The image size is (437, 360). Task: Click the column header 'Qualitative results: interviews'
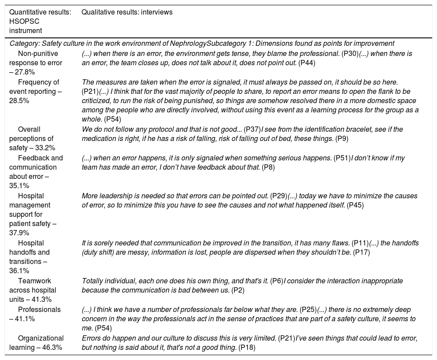point(127,12)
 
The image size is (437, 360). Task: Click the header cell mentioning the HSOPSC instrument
point(40,21)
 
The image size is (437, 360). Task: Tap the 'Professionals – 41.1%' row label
point(37,313)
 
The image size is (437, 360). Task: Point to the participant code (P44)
point(307,63)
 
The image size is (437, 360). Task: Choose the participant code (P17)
point(361,252)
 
